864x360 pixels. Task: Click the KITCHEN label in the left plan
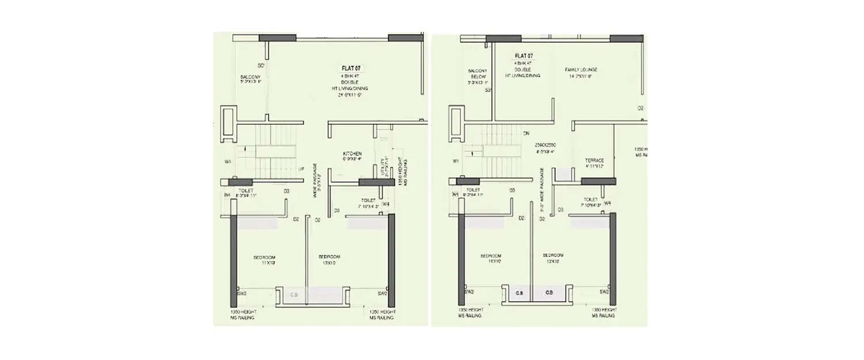tap(352, 154)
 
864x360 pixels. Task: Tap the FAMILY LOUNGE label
tap(580, 68)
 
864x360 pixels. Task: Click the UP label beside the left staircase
tap(301, 169)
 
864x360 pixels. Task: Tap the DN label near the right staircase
tap(525, 134)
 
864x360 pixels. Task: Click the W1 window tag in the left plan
tap(229, 162)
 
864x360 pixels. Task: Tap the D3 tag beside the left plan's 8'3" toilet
tap(286, 190)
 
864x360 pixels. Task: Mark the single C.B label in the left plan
tap(294, 295)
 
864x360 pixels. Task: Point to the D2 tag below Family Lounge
tap(640, 108)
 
